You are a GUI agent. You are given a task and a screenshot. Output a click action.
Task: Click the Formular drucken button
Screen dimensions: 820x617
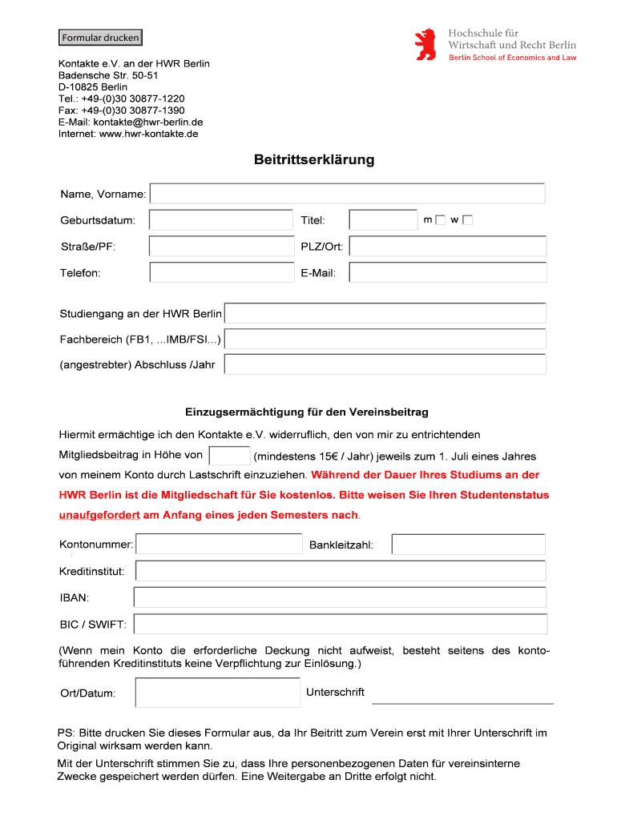[100, 38]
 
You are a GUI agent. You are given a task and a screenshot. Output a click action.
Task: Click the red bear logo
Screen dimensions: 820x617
[425, 44]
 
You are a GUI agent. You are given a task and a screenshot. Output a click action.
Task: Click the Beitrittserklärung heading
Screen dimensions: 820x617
[314, 160]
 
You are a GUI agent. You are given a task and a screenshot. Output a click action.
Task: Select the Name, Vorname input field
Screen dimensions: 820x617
[347, 194]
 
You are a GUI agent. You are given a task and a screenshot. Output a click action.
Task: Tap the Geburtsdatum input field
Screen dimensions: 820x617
[221, 220]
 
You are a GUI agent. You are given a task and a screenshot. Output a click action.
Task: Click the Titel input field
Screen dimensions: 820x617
[383, 220]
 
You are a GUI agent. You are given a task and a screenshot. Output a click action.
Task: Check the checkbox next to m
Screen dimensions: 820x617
[440, 220]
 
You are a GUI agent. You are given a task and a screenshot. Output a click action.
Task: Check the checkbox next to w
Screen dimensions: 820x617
[468, 220]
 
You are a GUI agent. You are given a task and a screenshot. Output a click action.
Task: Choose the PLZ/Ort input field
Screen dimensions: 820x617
[447, 247]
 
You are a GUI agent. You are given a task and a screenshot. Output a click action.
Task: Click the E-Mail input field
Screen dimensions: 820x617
[447, 273]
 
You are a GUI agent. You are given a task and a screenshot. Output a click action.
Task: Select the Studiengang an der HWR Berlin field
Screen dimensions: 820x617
[385, 313]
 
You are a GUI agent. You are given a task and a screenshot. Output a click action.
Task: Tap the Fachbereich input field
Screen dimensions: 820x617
[385, 340]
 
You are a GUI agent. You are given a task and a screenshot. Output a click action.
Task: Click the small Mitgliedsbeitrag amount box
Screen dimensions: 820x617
[229, 456]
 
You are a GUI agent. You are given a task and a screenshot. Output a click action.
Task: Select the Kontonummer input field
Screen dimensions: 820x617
[219, 545]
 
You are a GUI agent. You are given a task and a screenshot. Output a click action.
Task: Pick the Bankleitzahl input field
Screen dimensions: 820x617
[468, 545]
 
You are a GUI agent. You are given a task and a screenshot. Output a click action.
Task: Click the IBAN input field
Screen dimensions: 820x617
[340, 597]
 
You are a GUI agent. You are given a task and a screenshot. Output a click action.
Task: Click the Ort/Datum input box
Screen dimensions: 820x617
[218, 693]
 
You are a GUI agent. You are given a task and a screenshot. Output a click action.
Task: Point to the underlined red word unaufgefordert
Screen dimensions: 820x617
[99, 515]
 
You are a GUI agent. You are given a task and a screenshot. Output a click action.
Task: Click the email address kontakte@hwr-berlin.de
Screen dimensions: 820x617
[148, 122]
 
